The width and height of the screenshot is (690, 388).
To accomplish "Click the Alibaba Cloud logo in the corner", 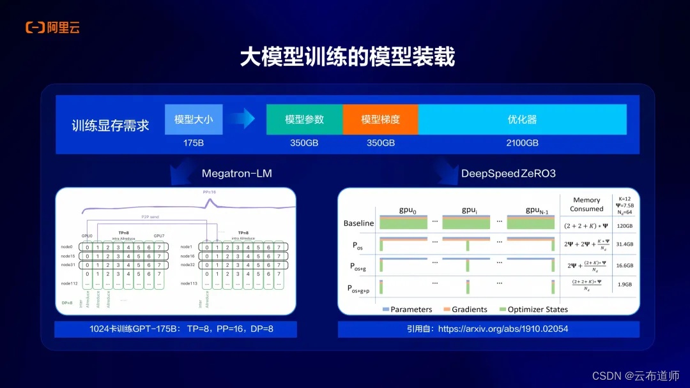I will pos(52,27).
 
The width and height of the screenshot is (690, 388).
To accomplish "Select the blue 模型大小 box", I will pos(194,119).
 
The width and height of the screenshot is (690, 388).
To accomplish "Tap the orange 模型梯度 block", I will pos(380,119).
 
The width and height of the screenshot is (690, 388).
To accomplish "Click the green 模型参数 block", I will pos(304,119).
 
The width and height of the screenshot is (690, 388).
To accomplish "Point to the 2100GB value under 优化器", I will pos(522,143).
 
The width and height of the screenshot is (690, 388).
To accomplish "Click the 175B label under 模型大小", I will pos(194,143).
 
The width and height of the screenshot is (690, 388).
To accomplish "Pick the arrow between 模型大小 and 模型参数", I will pos(243,118).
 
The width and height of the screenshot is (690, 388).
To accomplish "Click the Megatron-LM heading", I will pos(236,174).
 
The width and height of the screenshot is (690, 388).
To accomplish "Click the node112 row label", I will pos(70,283).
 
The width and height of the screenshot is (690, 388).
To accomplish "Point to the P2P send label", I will pos(151,217).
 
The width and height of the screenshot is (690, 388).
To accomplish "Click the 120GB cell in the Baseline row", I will pos(625,226).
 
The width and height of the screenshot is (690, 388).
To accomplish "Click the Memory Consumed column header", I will pos(586,204).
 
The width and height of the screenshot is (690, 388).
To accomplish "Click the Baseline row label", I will pos(358,223).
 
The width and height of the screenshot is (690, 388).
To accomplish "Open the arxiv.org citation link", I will pos(487,329).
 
